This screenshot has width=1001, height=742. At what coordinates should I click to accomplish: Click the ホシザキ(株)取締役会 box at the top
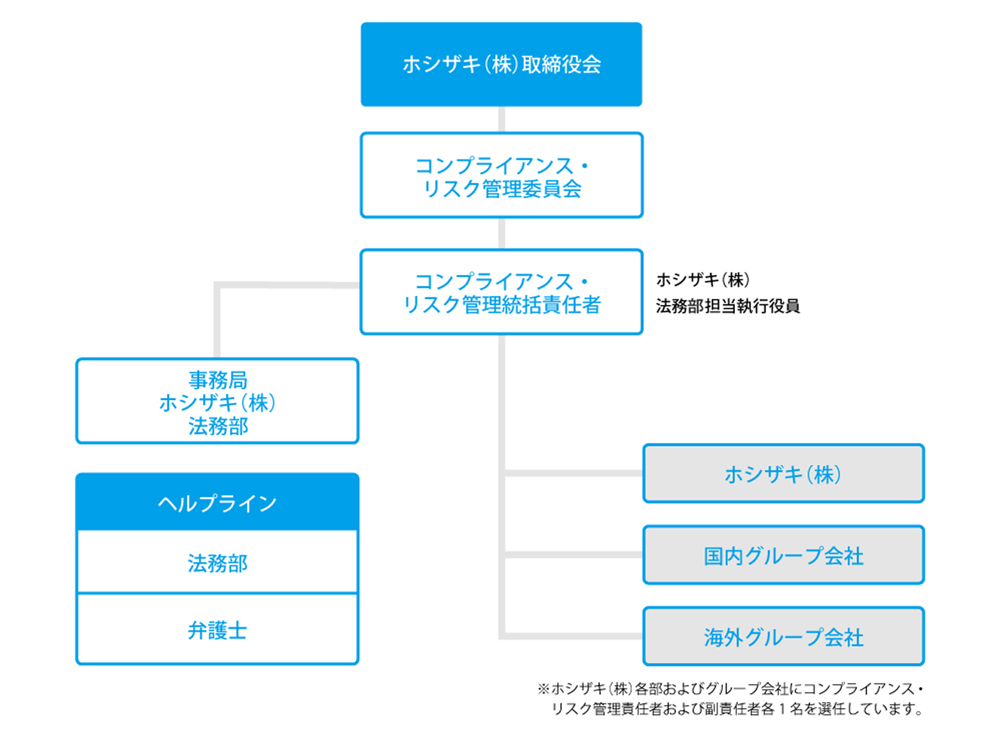501,64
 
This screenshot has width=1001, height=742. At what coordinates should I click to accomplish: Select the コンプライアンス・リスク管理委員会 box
501,176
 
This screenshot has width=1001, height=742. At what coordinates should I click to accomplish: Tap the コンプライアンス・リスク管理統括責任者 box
501,292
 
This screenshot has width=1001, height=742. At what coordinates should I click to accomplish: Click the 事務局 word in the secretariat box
218,380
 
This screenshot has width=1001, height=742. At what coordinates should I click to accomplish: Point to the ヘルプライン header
217,503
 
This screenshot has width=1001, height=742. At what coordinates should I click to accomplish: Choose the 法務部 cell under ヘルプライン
217,563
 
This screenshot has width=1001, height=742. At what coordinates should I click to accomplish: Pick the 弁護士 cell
217,630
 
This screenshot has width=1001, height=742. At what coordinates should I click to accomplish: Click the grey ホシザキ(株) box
783,474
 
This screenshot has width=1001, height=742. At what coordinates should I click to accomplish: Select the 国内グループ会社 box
783,556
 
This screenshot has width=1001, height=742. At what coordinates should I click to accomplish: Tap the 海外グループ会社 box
783,637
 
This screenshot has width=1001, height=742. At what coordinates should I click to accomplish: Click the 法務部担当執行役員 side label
727,306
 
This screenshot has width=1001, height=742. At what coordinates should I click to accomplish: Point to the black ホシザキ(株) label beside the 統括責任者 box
703,280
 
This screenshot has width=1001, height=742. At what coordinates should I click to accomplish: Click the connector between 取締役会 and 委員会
502,119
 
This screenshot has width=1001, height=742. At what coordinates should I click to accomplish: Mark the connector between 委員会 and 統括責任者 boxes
502,234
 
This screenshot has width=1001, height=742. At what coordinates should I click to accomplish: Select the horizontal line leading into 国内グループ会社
573,555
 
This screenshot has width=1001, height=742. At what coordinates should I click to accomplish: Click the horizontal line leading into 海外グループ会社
573,636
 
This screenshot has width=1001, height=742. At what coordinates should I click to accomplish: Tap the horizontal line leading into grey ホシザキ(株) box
573,473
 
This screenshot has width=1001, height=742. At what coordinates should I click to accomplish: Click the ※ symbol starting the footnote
543,689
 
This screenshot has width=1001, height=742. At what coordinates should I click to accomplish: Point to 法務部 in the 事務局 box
218,426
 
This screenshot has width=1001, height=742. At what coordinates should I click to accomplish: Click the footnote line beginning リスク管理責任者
736,709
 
